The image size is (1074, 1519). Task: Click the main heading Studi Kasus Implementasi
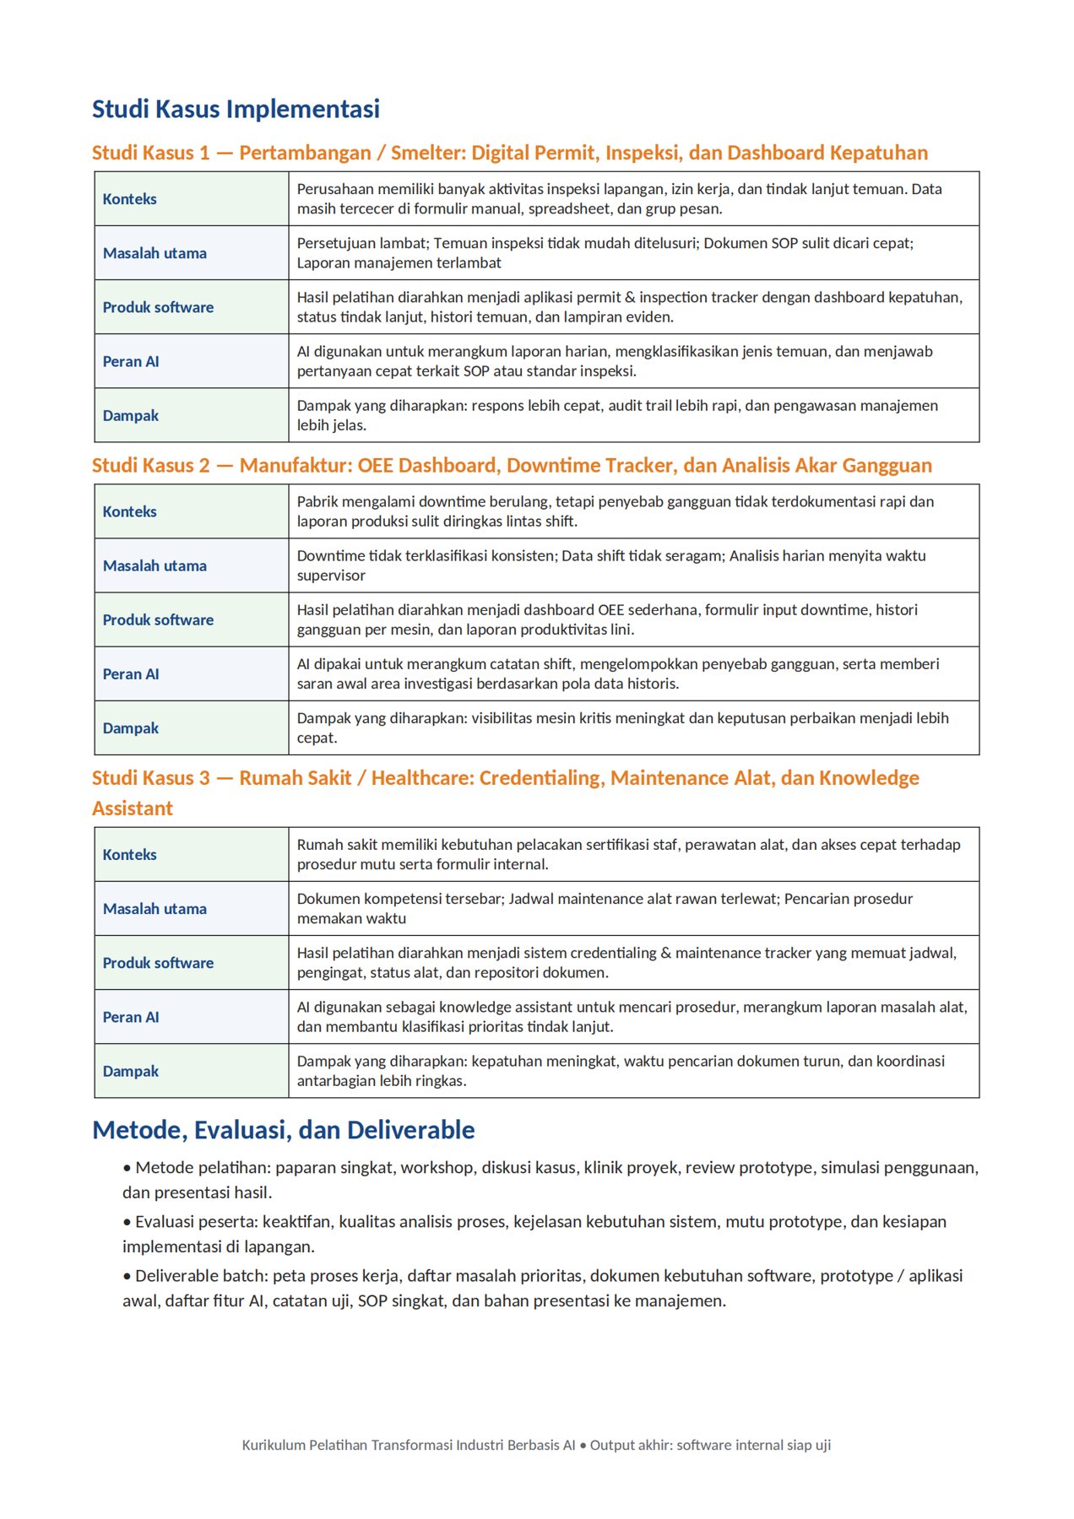click(x=236, y=109)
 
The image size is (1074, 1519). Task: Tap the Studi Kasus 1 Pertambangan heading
click(x=509, y=153)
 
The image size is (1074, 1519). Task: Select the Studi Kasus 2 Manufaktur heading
click(x=512, y=466)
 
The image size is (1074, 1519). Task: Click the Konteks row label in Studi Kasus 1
click(x=130, y=199)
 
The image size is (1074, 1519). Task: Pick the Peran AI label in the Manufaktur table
click(x=131, y=674)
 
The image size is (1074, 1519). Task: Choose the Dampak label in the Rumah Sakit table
click(x=131, y=1071)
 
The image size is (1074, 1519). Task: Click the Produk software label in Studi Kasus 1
click(x=158, y=307)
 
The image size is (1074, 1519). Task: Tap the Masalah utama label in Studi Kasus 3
click(x=155, y=909)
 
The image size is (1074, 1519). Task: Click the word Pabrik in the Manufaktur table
click(x=317, y=501)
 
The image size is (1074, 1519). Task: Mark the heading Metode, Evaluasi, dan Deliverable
click(x=284, y=1130)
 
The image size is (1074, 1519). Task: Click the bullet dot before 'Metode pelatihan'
click(x=127, y=1169)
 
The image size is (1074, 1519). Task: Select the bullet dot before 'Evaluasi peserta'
click(x=127, y=1223)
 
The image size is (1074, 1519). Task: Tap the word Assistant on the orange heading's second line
click(x=133, y=808)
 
